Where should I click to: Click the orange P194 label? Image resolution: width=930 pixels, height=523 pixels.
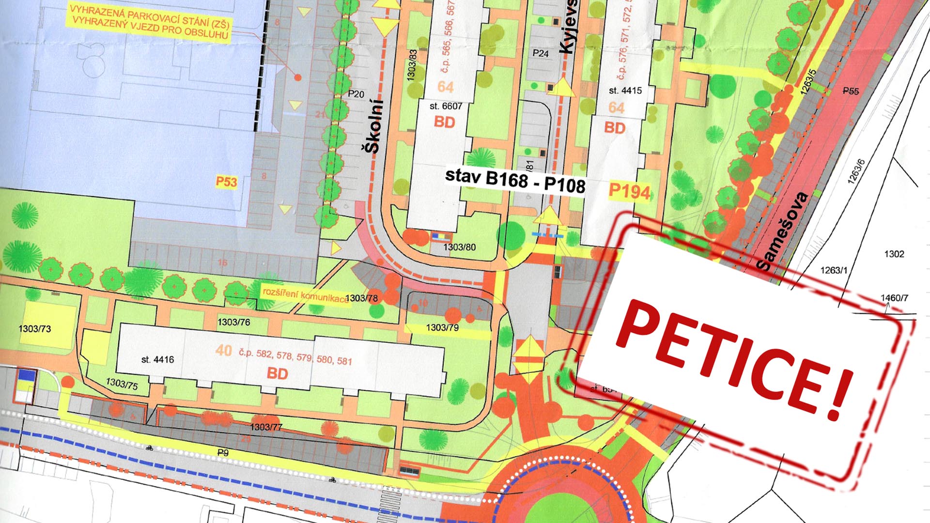pyautogui.click(x=629, y=191)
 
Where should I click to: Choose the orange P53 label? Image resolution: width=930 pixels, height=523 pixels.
pyautogui.click(x=226, y=182)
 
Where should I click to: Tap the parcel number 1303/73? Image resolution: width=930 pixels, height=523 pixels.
pyautogui.click(x=35, y=329)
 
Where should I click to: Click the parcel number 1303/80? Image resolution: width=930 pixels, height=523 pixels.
pyautogui.click(x=459, y=247)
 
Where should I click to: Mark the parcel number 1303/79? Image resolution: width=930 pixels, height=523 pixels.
pyautogui.click(x=442, y=328)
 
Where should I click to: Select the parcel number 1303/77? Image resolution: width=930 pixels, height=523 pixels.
pyautogui.click(x=266, y=427)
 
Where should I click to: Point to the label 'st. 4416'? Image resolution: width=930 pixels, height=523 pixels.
pyautogui.click(x=157, y=359)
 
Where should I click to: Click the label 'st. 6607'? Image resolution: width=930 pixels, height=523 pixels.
pyautogui.click(x=446, y=106)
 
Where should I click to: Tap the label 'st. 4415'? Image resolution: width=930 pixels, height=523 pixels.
pyautogui.click(x=625, y=91)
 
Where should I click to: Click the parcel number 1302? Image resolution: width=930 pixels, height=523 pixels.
pyautogui.click(x=894, y=254)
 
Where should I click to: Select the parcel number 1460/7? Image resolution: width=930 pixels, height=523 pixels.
pyautogui.click(x=894, y=298)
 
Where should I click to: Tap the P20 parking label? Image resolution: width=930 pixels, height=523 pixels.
pyautogui.click(x=356, y=94)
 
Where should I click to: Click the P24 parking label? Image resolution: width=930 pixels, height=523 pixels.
pyautogui.click(x=541, y=53)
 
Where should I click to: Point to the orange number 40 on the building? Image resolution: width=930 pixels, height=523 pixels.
pyautogui.click(x=224, y=350)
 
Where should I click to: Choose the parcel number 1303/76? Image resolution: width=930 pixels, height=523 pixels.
pyautogui.click(x=233, y=322)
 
